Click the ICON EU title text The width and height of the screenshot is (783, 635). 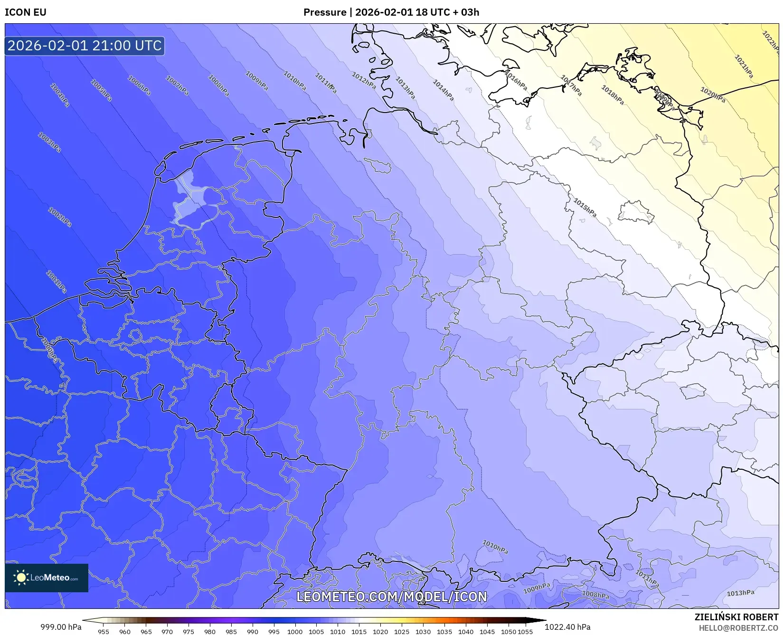pyautogui.click(x=26, y=12)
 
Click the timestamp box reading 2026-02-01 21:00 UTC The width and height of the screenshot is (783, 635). pyautogui.click(x=85, y=46)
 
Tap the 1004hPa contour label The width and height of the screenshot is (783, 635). pyautogui.click(x=60, y=95)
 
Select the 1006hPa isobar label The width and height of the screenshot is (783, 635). pyautogui.click(x=139, y=85)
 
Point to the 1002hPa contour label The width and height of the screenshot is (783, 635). pyautogui.click(x=60, y=217)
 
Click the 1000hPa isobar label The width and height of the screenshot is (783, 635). pyautogui.click(x=49, y=350)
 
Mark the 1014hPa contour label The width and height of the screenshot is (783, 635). pyautogui.click(x=443, y=90)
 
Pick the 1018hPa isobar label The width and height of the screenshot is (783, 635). pyautogui.click(x=612, y=95)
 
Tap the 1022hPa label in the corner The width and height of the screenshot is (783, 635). pyautogui.click(x=770, y=40)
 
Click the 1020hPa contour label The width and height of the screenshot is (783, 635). pyautogui.click(x=712, y=95)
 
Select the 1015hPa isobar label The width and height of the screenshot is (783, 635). pyautogui.click(x=585, y=208)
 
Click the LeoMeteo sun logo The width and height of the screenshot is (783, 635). pyautogui.click(x=21, y=577)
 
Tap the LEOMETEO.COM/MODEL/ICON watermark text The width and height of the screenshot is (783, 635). pyautogui.click(x=392, y=597)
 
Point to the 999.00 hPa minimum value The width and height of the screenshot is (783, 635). pyautogui.click(x=61, y=627)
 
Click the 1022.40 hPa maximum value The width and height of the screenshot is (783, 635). pyautogui.click(x=567, y=627)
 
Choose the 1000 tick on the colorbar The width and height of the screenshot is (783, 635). pyautogui.click(x=295, y=632)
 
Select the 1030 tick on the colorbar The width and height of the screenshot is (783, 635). pyautogui.click(x=423, y=632)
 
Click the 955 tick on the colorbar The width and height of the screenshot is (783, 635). pyautogui.click(x=104, y=632)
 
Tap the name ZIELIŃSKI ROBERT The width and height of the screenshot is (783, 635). pyautogui.click(x=736, y=617)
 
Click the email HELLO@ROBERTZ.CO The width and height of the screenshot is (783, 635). pyautogui.click(x=738, y=628)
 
